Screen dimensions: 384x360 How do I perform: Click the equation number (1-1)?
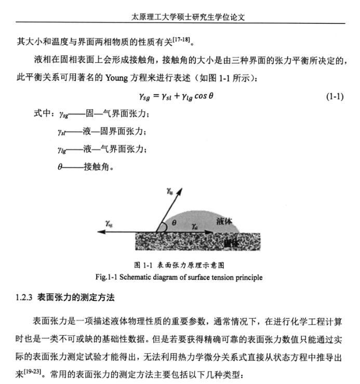point(335,97)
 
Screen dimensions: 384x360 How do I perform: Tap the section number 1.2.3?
point(24,298)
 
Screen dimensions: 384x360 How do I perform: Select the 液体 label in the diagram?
point(224,221)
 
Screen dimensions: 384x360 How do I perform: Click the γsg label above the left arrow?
point(109,223)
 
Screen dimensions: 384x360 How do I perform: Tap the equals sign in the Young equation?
point(155,97)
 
